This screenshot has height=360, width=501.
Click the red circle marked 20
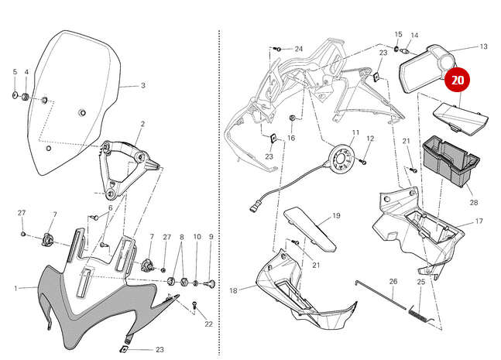coord(458,79)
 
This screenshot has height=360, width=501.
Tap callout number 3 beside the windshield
coord(142,86)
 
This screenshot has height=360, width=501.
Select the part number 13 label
coord(483,46)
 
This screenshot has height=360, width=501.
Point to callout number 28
coord(473,203)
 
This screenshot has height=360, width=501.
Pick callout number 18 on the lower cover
coord(233,291)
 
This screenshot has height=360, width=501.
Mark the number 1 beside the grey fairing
coord(15,288)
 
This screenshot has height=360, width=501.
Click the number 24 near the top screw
coord(298,49)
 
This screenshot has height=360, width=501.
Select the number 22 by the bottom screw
coord(208,324)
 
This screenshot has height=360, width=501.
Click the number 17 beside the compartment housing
coord(479,221)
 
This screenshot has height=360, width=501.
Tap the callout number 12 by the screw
coord(370,139)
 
